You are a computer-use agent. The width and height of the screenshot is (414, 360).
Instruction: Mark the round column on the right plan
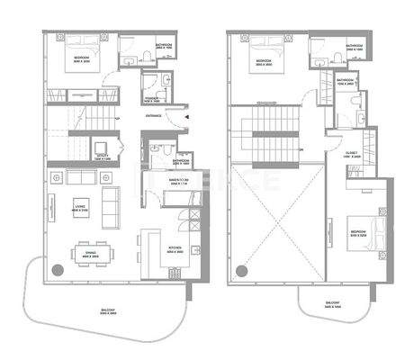[x=242, y=269]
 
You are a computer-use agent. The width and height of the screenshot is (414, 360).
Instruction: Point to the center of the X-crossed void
[x=276, y=220]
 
